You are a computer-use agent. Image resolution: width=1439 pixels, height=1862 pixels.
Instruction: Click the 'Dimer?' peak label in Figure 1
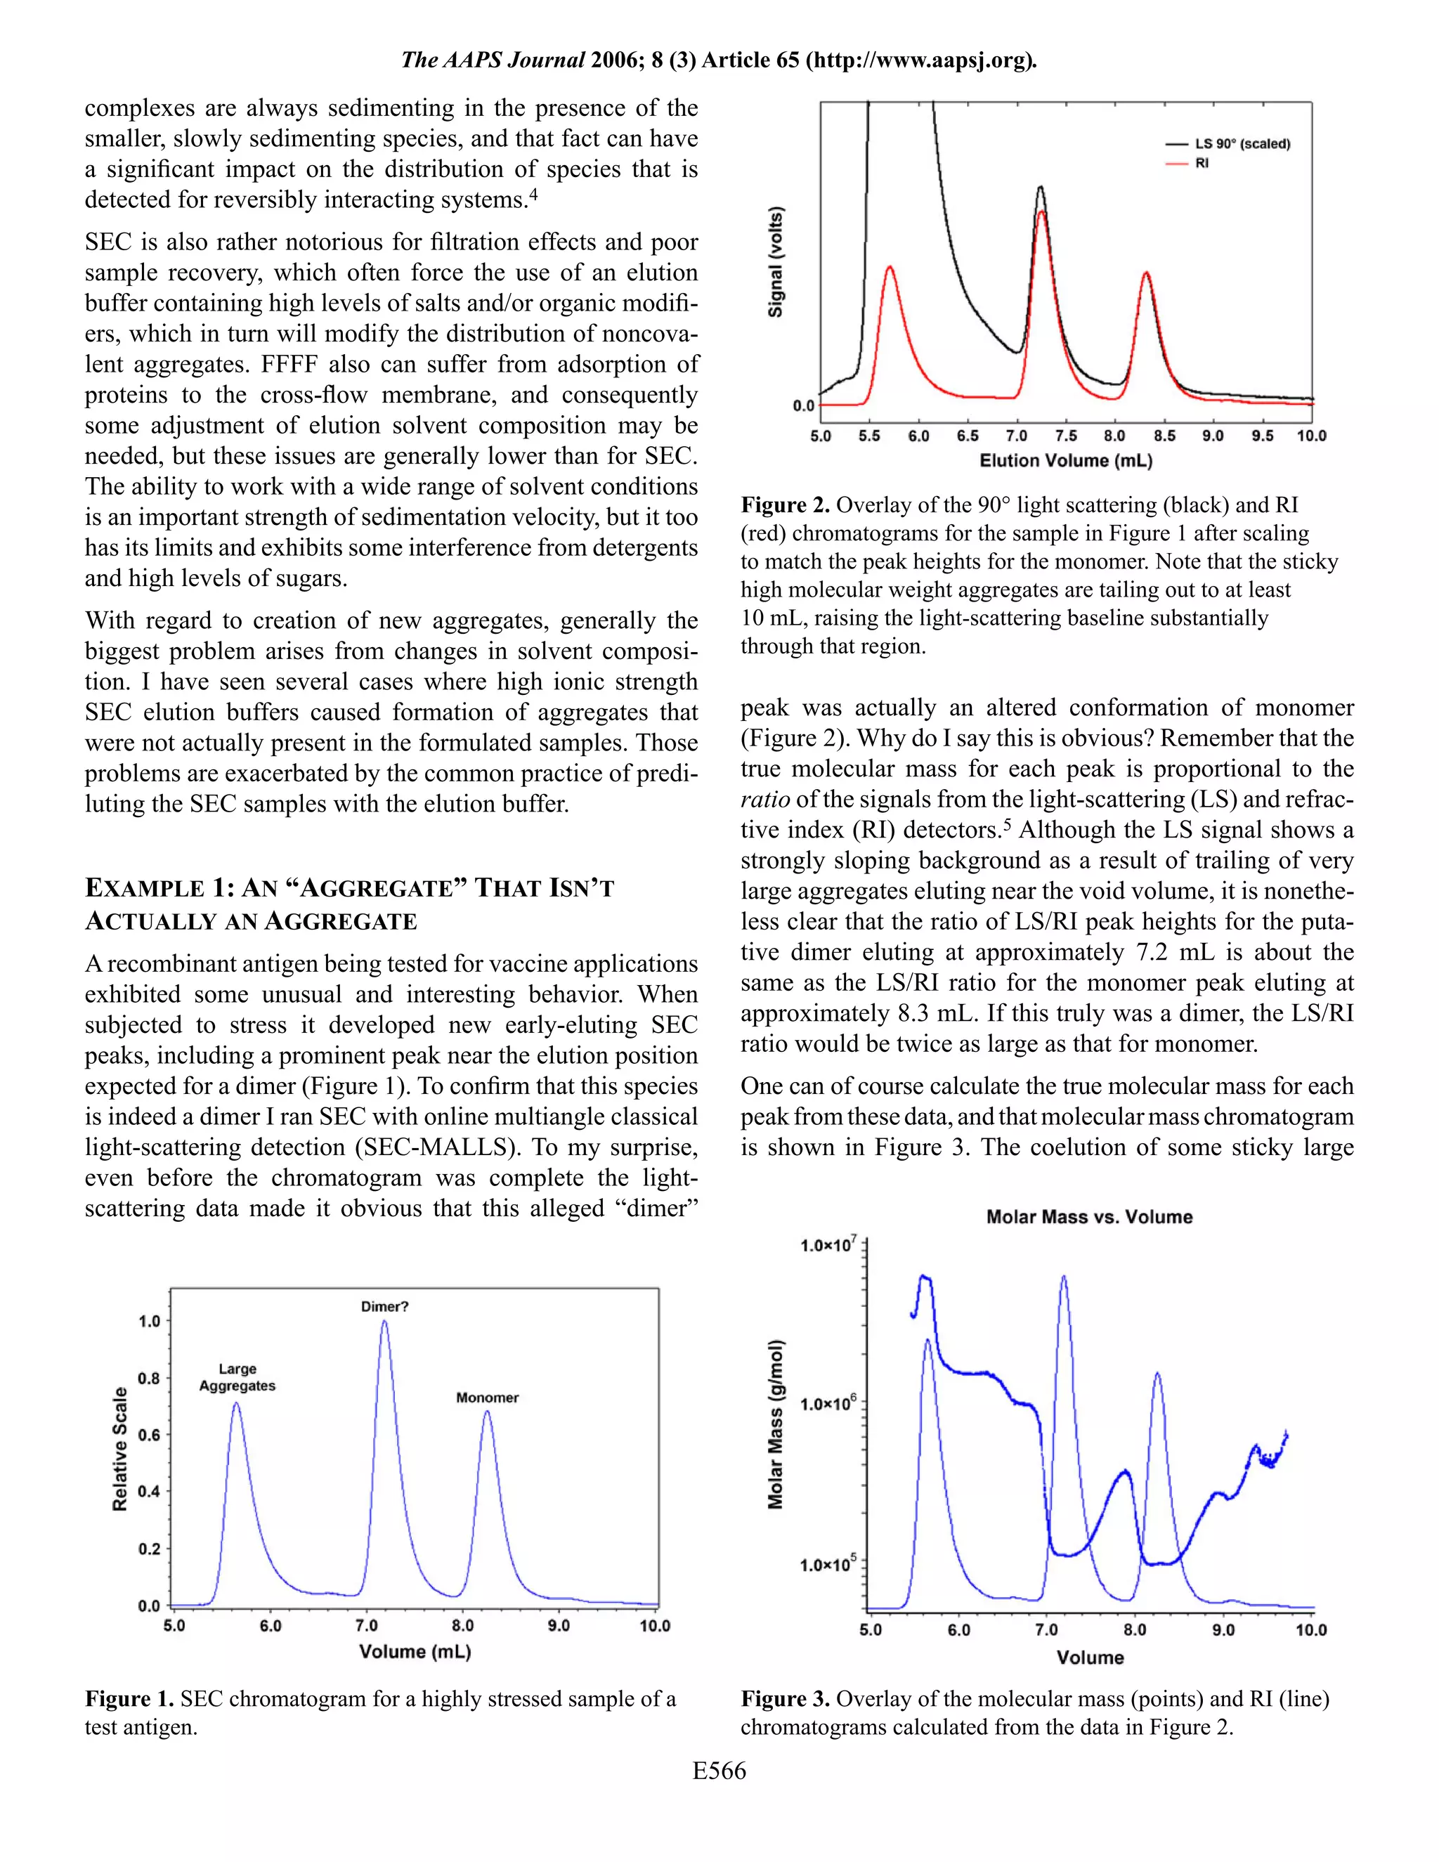click(x=384, y=1306)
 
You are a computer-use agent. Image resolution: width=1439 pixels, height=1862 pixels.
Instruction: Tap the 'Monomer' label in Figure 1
click(x=487, y=1398)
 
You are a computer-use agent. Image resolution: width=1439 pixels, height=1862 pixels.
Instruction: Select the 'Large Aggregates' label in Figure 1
click(x=237, y=1377)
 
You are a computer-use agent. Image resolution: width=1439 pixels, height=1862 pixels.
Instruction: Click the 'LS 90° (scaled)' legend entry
click(x=1242, y=144)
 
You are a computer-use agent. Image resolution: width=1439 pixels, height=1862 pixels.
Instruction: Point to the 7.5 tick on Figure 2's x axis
click(x=1066, y=436)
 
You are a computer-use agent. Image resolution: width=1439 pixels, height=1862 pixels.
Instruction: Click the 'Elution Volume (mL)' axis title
click(x=1066, y=461)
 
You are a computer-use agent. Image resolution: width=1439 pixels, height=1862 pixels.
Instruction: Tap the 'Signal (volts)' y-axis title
click(x=776, y=262)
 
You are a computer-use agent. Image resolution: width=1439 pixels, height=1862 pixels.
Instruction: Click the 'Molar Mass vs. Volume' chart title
click(x=1088, y=1216)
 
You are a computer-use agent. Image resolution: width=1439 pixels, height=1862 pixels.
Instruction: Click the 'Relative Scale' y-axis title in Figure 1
click(x=120, y=1449)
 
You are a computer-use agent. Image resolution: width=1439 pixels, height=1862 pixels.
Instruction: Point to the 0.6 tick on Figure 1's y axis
click(x=149, y=1435)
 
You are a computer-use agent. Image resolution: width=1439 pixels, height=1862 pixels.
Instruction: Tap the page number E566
click(x=719, y=1771)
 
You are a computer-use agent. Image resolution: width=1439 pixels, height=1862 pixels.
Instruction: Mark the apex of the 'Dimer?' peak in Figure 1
click(x=384, y=1322)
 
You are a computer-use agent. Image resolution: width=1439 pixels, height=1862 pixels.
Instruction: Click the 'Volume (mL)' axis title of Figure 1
click(x=415, y=1651)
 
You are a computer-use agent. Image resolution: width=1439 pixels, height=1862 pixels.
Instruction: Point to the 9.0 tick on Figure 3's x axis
click(x=1223, y=1630)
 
